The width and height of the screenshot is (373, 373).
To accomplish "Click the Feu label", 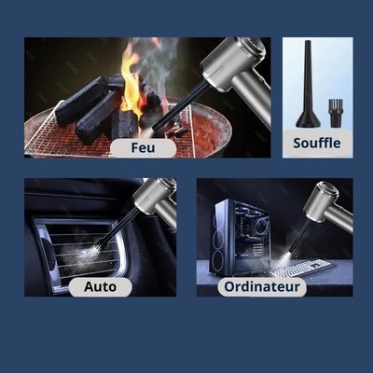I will click(142, 147).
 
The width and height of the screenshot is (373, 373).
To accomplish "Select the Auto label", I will click(100, 286).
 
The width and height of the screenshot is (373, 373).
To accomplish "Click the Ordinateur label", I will click(262, 286).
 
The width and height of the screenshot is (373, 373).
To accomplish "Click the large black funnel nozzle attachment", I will click(309, 89).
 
